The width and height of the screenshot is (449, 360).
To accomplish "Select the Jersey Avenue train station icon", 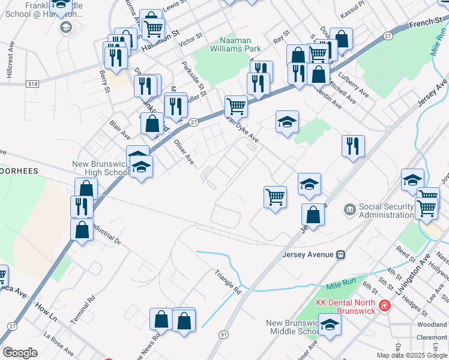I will (340, 254).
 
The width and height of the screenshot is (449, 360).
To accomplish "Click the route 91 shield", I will (223, 334).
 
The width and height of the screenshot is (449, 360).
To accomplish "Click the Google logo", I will (20, 353).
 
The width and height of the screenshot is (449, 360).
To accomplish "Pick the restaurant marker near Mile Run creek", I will (353, 146).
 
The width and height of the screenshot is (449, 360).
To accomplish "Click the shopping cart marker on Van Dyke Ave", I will (236, 106).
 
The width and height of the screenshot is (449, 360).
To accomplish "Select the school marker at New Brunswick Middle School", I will (330, 325).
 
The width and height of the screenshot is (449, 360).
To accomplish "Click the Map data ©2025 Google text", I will (412, 355).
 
